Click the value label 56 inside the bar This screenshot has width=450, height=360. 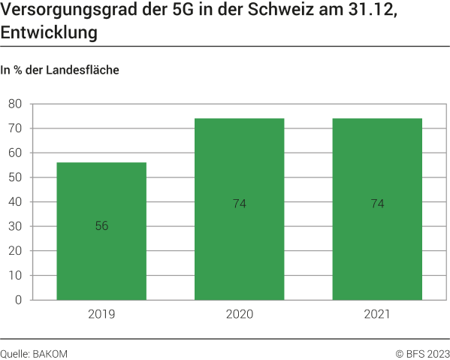pyautogui.click(x=101, y=226)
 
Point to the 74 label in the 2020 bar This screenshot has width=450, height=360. pyautogui.click(x=239, y=204)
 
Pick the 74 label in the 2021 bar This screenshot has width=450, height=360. pyautogui.click(x=377, y=204)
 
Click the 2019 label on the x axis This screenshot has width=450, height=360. pyautogui.click(x=101, y=314)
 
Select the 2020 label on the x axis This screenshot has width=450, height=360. pyautogui.click(x=239, y=314)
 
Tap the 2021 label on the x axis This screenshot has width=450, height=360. pyautogui.click(x=377, y=314)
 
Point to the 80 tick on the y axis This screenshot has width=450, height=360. pyautogui.click(x=15, y=104)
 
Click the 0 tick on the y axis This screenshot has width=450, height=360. pyautogui.click(x=18, y=300)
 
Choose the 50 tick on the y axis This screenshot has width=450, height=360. pyautogui.click(x=15, y=177)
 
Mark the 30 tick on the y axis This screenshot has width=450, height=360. pyautogui.click(x=15, y=226)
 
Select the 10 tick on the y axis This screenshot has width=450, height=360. pyautogui.click(x=15, y=275)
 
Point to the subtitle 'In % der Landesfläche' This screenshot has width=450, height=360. pyautogui.click(x=60, y=71)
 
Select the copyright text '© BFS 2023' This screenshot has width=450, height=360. pyautogui.click(x=422, y=352)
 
